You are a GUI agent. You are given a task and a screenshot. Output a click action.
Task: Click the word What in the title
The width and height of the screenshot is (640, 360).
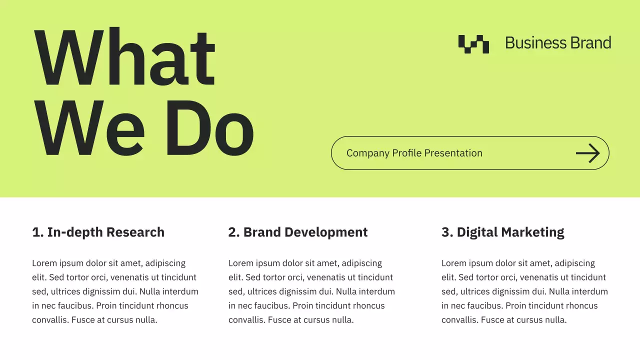coord(124,57)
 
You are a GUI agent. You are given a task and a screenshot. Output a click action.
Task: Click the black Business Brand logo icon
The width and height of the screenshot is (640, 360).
coord(473,44)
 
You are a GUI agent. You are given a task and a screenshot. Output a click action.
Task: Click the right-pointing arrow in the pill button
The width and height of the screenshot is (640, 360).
coord(587,153)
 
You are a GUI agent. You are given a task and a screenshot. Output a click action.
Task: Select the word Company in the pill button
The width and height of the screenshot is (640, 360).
coord(368,153)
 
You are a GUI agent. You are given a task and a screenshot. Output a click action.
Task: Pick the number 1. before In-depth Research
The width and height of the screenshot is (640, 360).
coord(37,232)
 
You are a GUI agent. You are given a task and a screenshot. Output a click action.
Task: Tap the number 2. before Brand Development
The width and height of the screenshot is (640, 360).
coord(233,232)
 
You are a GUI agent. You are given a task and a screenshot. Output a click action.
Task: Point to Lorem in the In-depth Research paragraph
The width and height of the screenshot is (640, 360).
coord(44,263)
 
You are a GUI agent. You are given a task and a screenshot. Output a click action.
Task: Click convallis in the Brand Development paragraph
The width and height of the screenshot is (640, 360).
coord(246,320)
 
